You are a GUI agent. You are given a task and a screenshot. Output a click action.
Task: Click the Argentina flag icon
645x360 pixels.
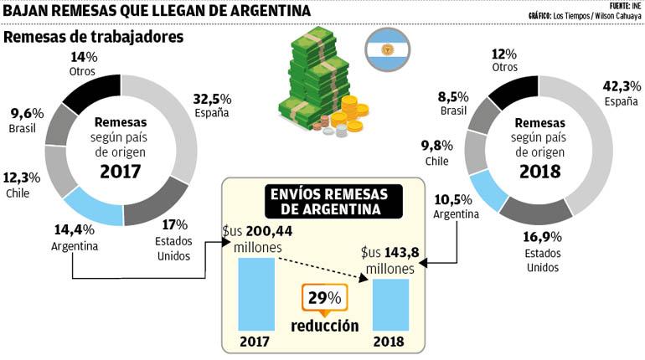click(x=387, y=51)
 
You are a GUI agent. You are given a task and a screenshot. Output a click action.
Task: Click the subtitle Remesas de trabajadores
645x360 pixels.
click(x=94, y=38)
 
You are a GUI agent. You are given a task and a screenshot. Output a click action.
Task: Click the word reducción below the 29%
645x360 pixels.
click(x=326, y=327)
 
